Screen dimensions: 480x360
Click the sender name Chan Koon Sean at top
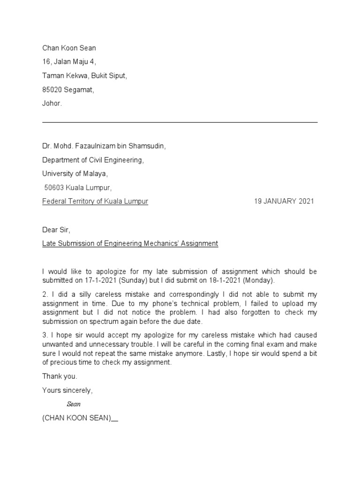69,48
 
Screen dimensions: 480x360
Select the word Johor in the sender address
51,104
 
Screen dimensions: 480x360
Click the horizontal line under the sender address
180,122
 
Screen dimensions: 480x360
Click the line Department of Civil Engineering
93,160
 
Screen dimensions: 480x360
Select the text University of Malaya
75,174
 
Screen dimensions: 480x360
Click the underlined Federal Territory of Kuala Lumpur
95,202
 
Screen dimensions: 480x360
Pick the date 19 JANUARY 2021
284,202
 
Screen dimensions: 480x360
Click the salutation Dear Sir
56,230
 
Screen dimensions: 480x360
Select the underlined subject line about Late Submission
130,243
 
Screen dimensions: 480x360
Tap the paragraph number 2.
44,294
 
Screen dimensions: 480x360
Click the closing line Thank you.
60,376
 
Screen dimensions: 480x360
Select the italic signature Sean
74,404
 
